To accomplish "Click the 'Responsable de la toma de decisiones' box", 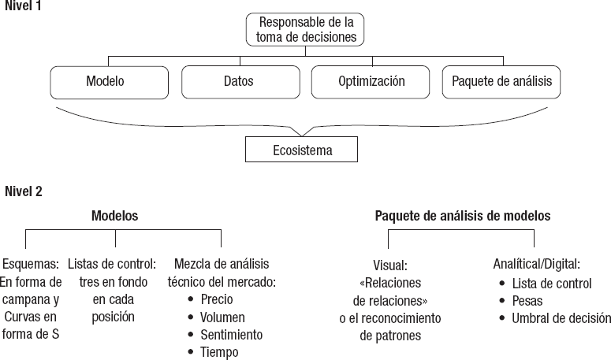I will pyautogui.click(x=306, y=29).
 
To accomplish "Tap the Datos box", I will pyautogui.click(x=238, y=81).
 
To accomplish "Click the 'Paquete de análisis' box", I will pyautogui.click(x=501, y=81).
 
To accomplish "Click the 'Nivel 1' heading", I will pyautogui.click(x=23, y=6).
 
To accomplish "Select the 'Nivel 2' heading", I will pyautogui.click(x=23, y=191).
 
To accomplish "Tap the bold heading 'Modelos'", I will pyautogui.click(x=115, y=214).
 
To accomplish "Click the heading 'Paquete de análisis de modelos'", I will pyautogui.click(x=462, y=214).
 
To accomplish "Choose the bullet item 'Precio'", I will pyautogui.click(x=217, y=300).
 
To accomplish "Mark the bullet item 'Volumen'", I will pyautogui.click(x=222, y=317).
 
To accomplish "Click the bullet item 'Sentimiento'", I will pyautogui.click(x=231, y=335).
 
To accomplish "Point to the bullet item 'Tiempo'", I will pyautogui.click(x=219, y=352).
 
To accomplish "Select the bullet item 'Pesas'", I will pyautogui.click(x=527, y=301).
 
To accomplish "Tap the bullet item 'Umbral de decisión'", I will pyautogui.click(x=561, y=318).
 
